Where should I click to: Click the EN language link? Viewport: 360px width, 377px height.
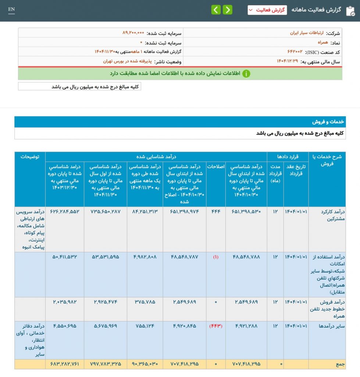click(11, 9)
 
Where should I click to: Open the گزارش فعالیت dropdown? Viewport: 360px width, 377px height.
click(267, 10)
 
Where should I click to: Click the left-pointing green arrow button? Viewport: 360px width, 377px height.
click(216, 10)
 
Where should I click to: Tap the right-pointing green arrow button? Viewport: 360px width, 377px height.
click(228, 10)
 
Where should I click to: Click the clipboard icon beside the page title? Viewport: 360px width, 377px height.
click(350, 10)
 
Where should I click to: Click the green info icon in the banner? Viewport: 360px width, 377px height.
click(246, 74)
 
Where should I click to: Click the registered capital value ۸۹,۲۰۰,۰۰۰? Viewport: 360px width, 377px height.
click(133, 33)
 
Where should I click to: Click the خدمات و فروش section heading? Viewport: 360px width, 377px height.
click(329, 122)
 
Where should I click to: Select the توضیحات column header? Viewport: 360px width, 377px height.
click(30, 156)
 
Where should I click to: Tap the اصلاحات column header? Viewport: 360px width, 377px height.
click(215, 166)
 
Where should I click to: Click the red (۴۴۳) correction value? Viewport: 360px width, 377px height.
click(215, 326)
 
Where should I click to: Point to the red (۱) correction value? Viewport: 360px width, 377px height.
click(215, 257)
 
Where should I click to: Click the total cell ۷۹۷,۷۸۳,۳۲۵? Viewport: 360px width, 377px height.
click(105, 364)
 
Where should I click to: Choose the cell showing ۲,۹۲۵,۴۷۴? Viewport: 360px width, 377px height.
click(105, 302)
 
